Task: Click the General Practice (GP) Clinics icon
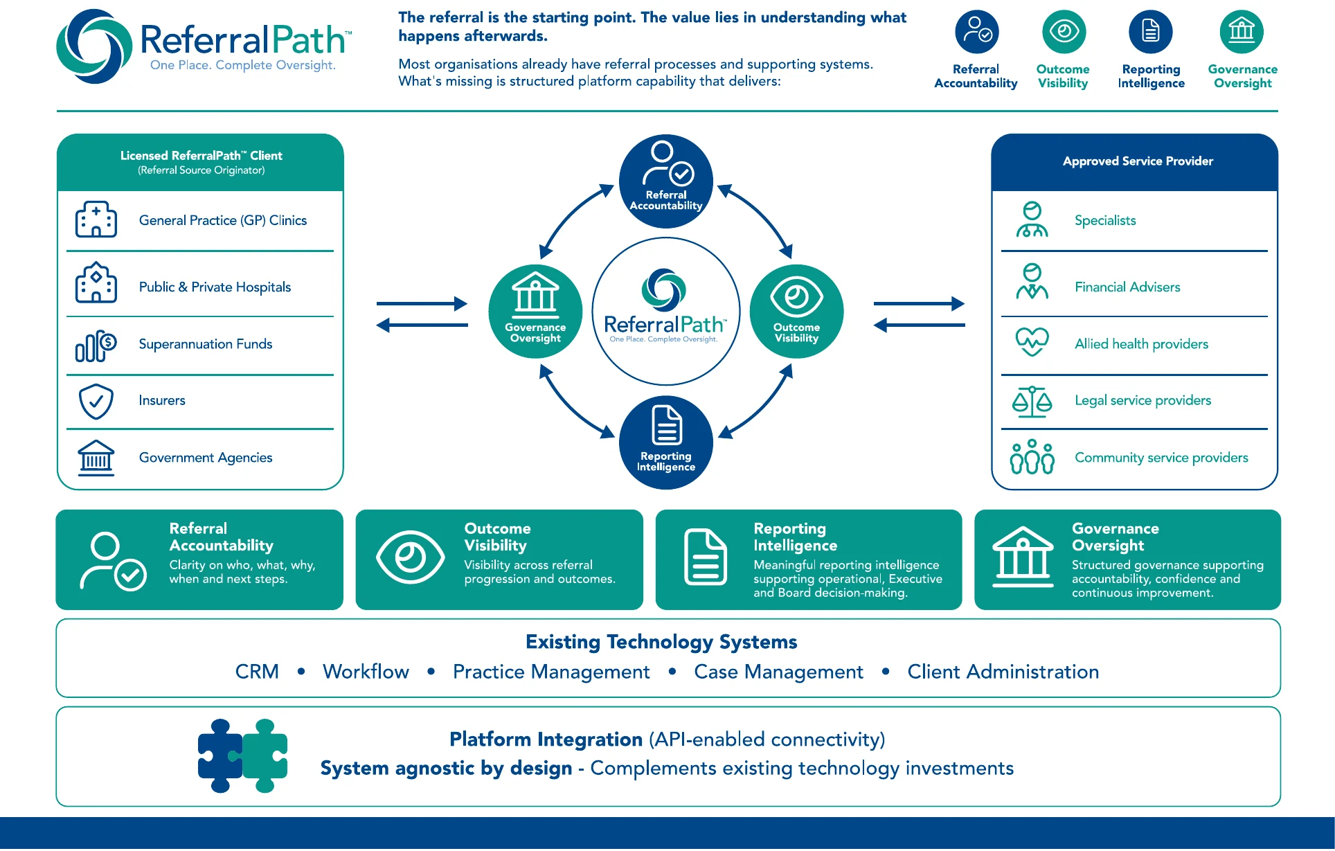(96, 220)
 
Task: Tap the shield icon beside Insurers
(96, 401)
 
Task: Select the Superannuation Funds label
(206, 344)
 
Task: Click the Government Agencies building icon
(96, 458)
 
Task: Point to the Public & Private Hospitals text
(215, 287)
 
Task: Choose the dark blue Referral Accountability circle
(666, 181)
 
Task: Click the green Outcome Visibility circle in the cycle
(796, 312)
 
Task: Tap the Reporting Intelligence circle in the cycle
(666, 442)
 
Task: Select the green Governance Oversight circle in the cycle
(535, 312)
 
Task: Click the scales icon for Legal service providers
(1032, 402)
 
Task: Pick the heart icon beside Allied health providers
(1032, 342)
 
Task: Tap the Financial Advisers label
(1127, 287)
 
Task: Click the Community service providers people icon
(1032, 457)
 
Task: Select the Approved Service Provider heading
(1138, 161)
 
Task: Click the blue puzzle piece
(220, 756)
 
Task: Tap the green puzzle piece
(265, 756)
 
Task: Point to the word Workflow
(366, 672)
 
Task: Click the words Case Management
(778, 672)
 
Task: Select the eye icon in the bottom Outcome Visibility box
(410, 557)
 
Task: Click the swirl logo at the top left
(94, 46)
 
